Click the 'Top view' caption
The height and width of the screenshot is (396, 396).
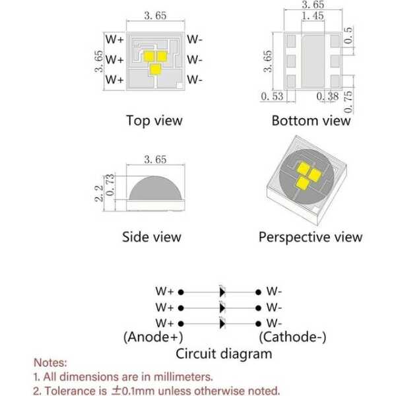point(154,121)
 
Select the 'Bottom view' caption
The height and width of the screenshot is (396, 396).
point(311,121)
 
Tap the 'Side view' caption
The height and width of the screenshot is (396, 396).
point(152,237)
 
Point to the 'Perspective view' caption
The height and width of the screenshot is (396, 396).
point(310,238)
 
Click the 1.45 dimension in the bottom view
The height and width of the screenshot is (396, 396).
point(313,16)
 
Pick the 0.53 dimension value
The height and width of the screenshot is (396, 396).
point(272,96)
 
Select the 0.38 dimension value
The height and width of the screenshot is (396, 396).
point(327,96)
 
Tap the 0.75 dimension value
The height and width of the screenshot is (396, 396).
point(348,102)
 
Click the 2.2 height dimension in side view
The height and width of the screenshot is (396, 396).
point(99,193)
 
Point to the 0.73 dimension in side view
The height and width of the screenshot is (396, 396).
point(110,185)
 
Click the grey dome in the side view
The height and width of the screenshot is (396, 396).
point(155,188)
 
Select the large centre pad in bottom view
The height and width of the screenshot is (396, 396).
point(313,61)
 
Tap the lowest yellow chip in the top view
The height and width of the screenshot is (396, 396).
point(155,69)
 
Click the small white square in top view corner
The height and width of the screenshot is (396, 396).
point(180,86)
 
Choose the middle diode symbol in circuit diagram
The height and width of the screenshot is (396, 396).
point(222,308)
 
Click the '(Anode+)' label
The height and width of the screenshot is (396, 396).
point(153,337)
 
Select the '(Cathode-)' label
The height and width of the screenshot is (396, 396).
point(292,337)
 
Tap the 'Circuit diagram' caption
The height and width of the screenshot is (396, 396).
point(224,354)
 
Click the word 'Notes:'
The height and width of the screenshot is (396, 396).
point(50,362)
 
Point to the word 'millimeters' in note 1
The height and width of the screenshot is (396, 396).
point(183,377)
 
